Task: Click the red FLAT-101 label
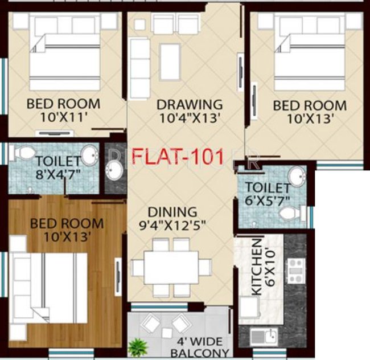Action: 178,156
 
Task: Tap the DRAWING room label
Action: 190,105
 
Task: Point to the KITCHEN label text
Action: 257,267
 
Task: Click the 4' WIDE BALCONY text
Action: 204,347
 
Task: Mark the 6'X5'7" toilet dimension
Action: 268,201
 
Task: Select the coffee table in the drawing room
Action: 170,60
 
